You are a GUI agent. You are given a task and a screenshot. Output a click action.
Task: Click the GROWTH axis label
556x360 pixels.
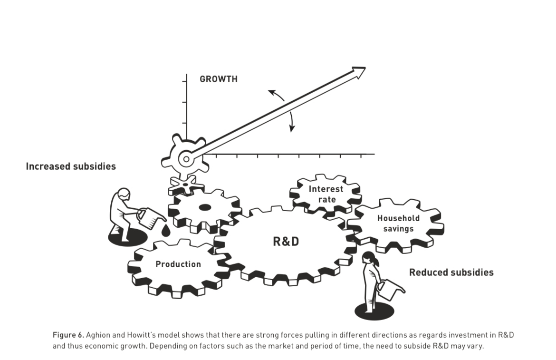(218, 79)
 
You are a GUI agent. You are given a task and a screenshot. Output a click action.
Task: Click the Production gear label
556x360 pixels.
(178, 264)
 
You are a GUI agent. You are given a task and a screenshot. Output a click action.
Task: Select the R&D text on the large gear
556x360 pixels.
(286, 242)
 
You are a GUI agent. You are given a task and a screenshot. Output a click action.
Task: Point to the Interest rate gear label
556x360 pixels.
(326, 194)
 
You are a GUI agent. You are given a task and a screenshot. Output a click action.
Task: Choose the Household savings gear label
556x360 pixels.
(398, 224)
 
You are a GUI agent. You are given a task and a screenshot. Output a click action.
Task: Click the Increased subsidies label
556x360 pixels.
(71, 166)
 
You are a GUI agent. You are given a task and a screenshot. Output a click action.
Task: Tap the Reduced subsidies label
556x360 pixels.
(451, 272)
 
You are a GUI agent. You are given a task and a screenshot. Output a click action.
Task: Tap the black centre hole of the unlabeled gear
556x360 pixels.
(205, 207)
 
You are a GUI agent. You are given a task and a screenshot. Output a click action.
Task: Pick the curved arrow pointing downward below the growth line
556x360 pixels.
(291, 121)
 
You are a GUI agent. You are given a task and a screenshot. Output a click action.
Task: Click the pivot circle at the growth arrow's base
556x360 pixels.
(186, 159)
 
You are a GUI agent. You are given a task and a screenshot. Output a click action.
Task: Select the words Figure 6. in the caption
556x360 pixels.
(67, 335)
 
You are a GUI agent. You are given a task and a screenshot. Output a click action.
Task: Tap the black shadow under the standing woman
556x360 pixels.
(374, 310)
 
